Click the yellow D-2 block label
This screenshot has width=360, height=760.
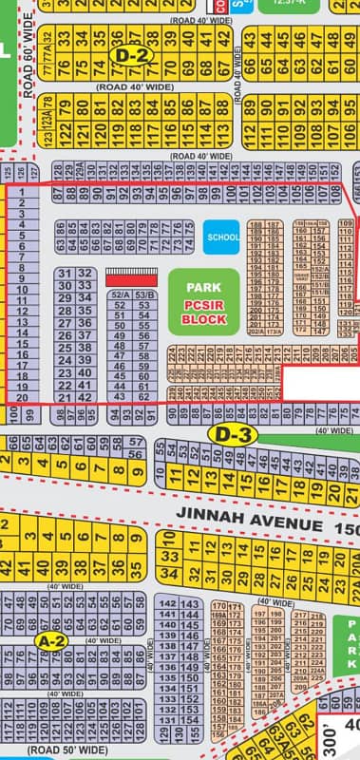(x=131, y=55)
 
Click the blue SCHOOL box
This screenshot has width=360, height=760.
(x=221, y=237)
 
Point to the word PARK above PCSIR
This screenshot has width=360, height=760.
(x=203, y=286)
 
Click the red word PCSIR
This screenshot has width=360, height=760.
(x=203, y=304)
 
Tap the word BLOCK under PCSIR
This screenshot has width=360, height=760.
(x=203, y=319)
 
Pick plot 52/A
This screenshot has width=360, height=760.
(x=120, y=294)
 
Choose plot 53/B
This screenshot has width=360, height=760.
(x=144, y=294)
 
